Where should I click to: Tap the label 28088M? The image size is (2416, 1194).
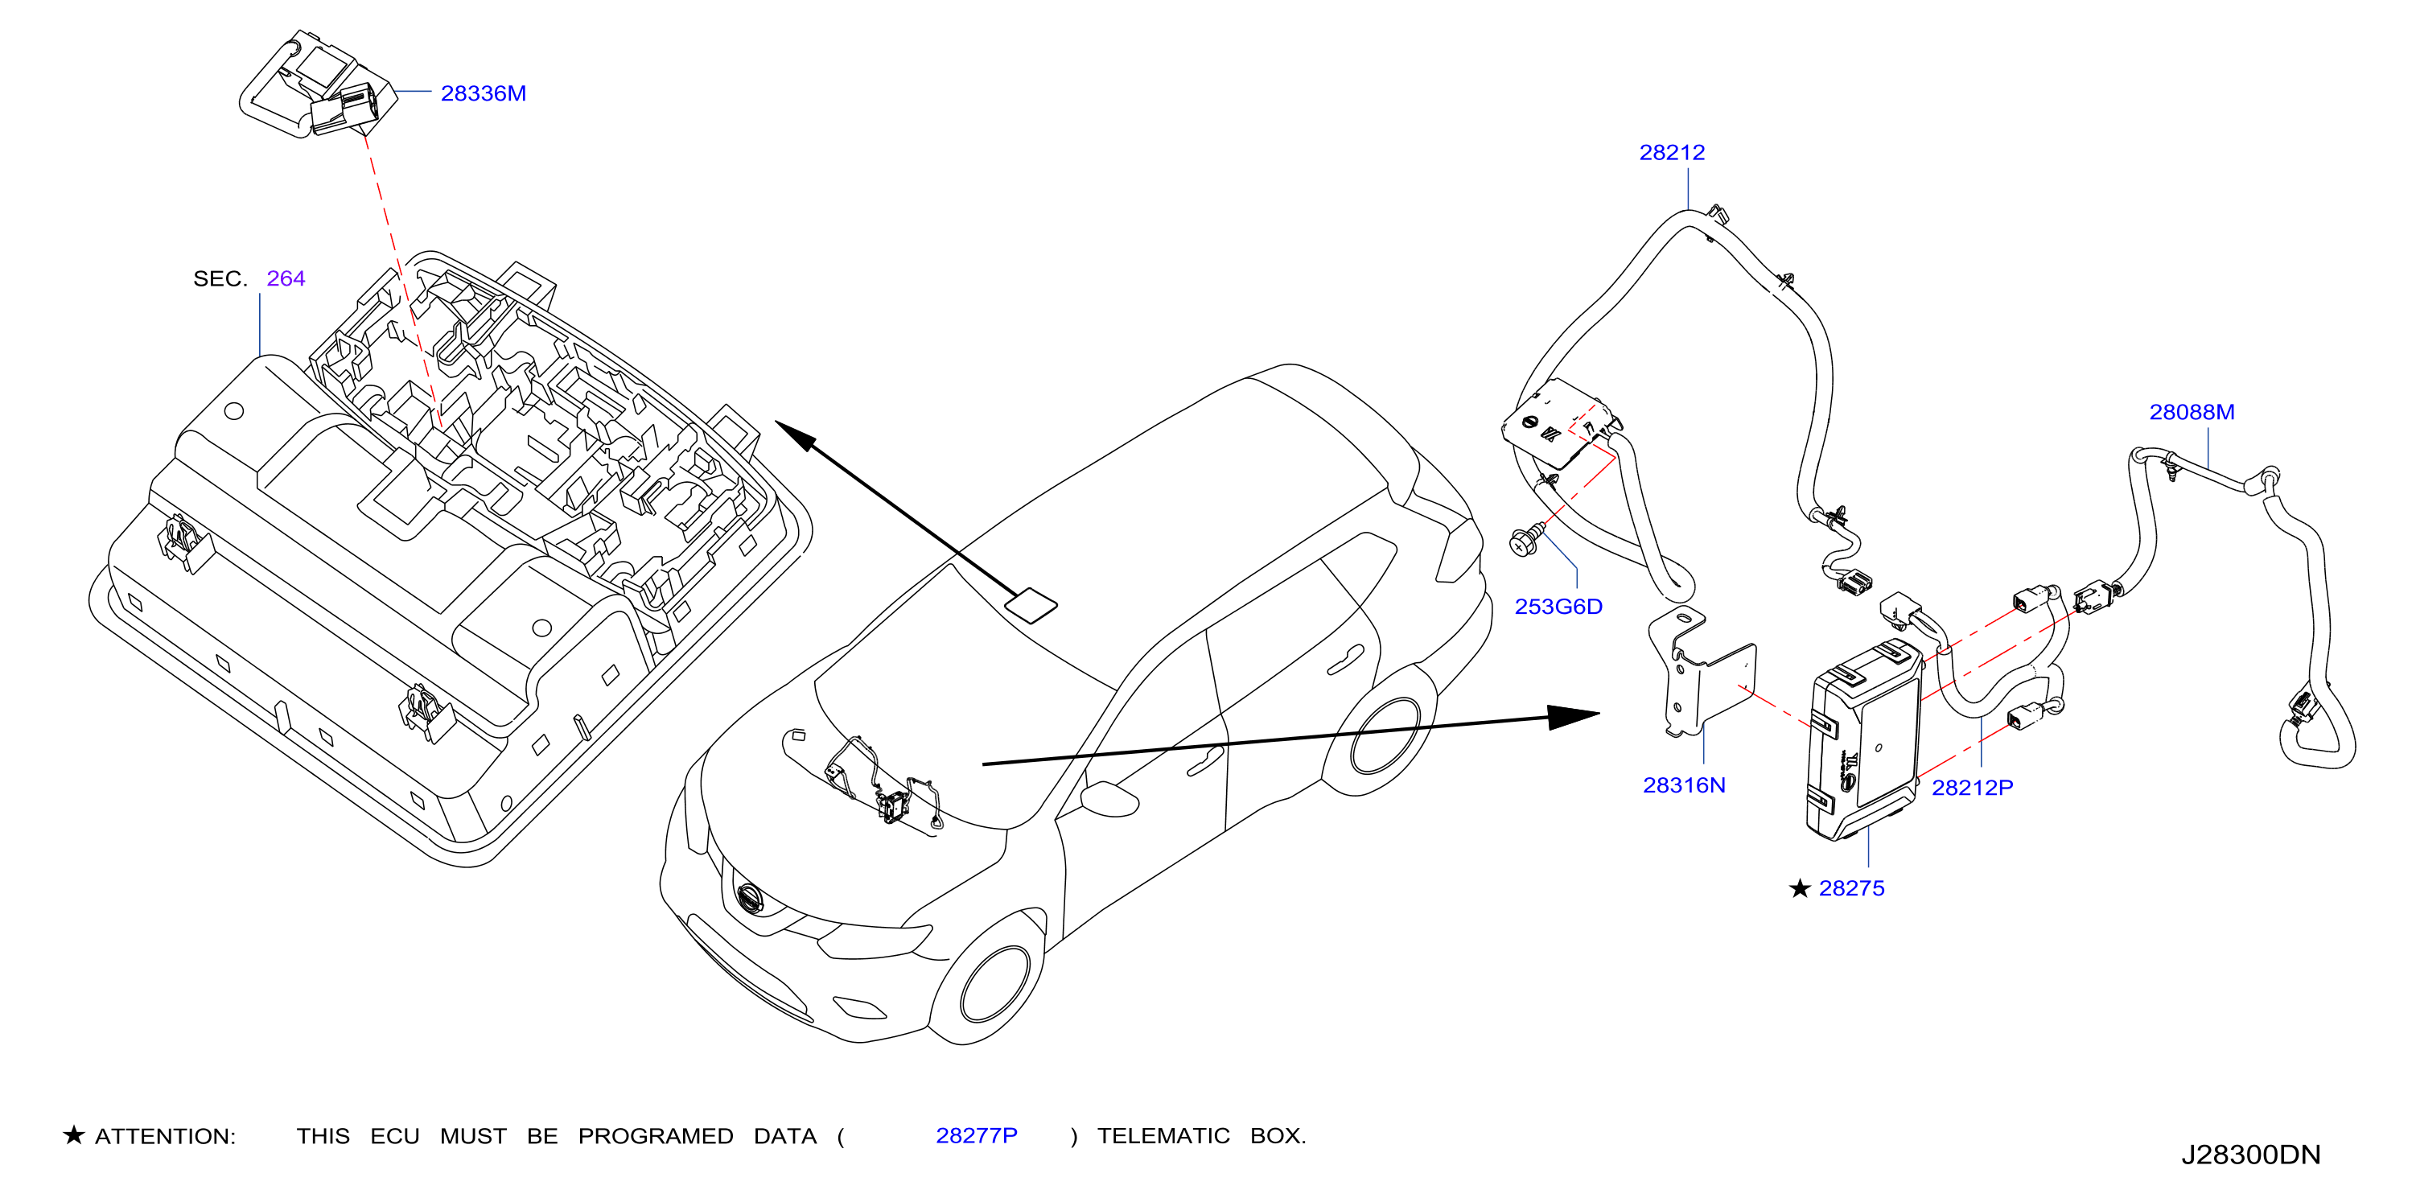2192,412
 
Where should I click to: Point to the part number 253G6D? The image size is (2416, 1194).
1558,607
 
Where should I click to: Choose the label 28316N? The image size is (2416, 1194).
1684,785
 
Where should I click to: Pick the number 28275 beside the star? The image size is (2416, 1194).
1850,888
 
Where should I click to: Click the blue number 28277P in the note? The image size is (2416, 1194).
977,1136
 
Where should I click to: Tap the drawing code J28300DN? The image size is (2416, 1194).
2250,1155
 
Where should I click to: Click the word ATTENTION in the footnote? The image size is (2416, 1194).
165,1137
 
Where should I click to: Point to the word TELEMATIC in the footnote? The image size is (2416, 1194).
1163,1136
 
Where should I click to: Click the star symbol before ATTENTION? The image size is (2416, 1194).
74,1135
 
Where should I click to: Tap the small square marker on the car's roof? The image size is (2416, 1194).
1031,605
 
